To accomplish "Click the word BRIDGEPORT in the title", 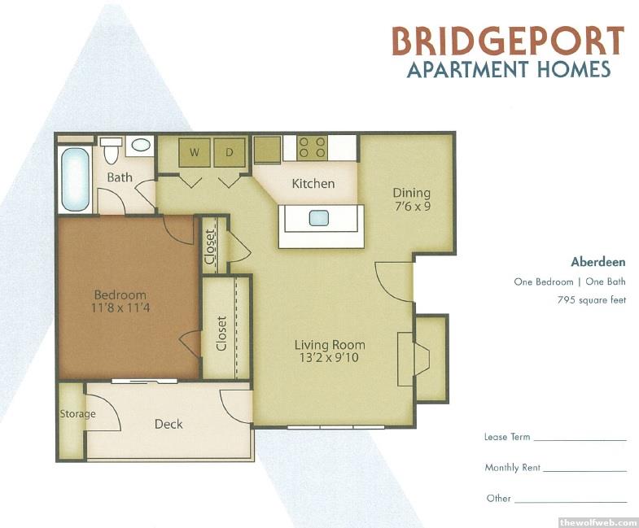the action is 508,41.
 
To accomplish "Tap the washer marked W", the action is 195,152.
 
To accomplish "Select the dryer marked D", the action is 230,152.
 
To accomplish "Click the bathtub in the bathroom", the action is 75,179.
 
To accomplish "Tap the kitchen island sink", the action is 318,217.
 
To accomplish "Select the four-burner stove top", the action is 312,147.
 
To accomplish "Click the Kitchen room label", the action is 313,184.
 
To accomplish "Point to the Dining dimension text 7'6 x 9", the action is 412,206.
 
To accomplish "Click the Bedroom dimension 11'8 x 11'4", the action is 120,308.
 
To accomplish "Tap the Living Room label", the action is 330,345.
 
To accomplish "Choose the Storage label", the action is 77,414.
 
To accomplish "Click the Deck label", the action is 169,424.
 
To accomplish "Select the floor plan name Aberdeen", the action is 597,261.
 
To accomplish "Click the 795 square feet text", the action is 591,300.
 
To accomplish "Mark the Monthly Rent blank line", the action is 584,471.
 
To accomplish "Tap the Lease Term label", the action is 507,437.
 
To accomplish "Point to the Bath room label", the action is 120,177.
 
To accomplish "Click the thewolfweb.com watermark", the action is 597,522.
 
